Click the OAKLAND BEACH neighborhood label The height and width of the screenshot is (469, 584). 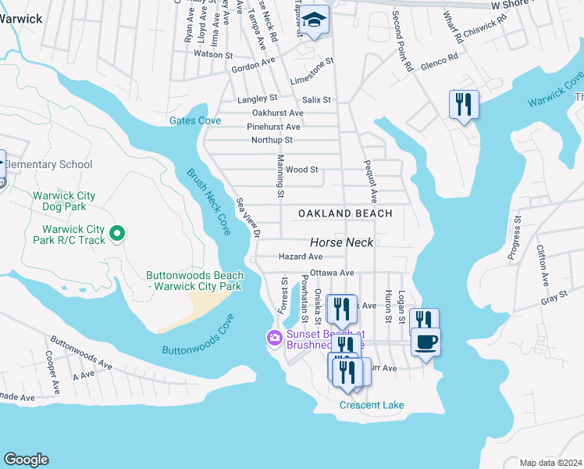(344, 213)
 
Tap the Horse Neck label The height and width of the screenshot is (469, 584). (342, 243)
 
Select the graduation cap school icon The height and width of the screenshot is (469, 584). (315, 20)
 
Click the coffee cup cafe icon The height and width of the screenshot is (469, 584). (426, 342)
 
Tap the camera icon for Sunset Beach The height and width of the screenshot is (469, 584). (274, 338)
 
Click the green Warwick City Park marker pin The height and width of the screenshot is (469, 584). (117, 233)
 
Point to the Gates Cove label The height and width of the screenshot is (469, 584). (195, 120)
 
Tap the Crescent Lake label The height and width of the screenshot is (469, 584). (372, 405)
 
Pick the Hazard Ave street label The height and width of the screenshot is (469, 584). (301, 256)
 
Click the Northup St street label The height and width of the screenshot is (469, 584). (272, 140)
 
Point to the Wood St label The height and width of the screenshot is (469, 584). (302, 169)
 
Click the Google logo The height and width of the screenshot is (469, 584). (26, 460)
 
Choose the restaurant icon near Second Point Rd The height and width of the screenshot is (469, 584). (464, 104)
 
